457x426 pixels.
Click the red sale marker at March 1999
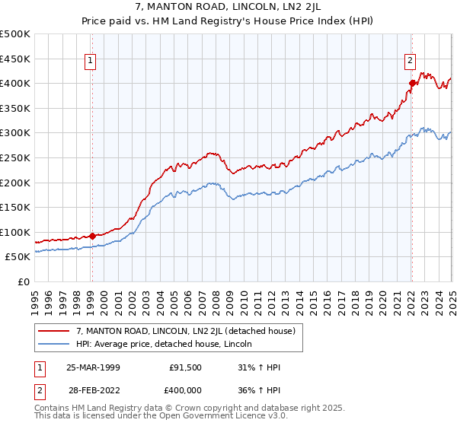(92, 236)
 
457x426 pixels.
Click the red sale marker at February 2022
(411, 83)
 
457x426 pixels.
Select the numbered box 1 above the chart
(91, 62)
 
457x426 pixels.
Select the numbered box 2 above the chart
(410, 62)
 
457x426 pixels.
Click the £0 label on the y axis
(24, 281)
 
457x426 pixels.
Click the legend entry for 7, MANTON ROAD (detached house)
(190, 330)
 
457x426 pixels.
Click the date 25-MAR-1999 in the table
(93, 367)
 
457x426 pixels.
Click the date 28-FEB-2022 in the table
(93, 389)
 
